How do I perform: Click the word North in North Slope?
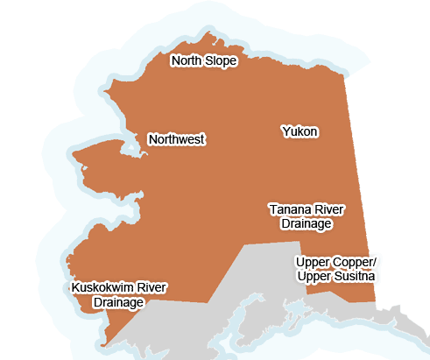(186, 61)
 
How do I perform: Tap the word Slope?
(220, 61)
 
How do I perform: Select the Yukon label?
(300, 131)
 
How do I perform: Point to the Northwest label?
(176, 139)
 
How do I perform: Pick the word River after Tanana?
(329, 210)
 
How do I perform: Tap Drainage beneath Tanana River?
(306, 224)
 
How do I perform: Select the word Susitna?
(352, 277)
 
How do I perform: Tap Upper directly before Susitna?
(313, 277)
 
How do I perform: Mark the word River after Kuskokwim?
(151, 288)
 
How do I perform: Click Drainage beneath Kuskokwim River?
(118, 302)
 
